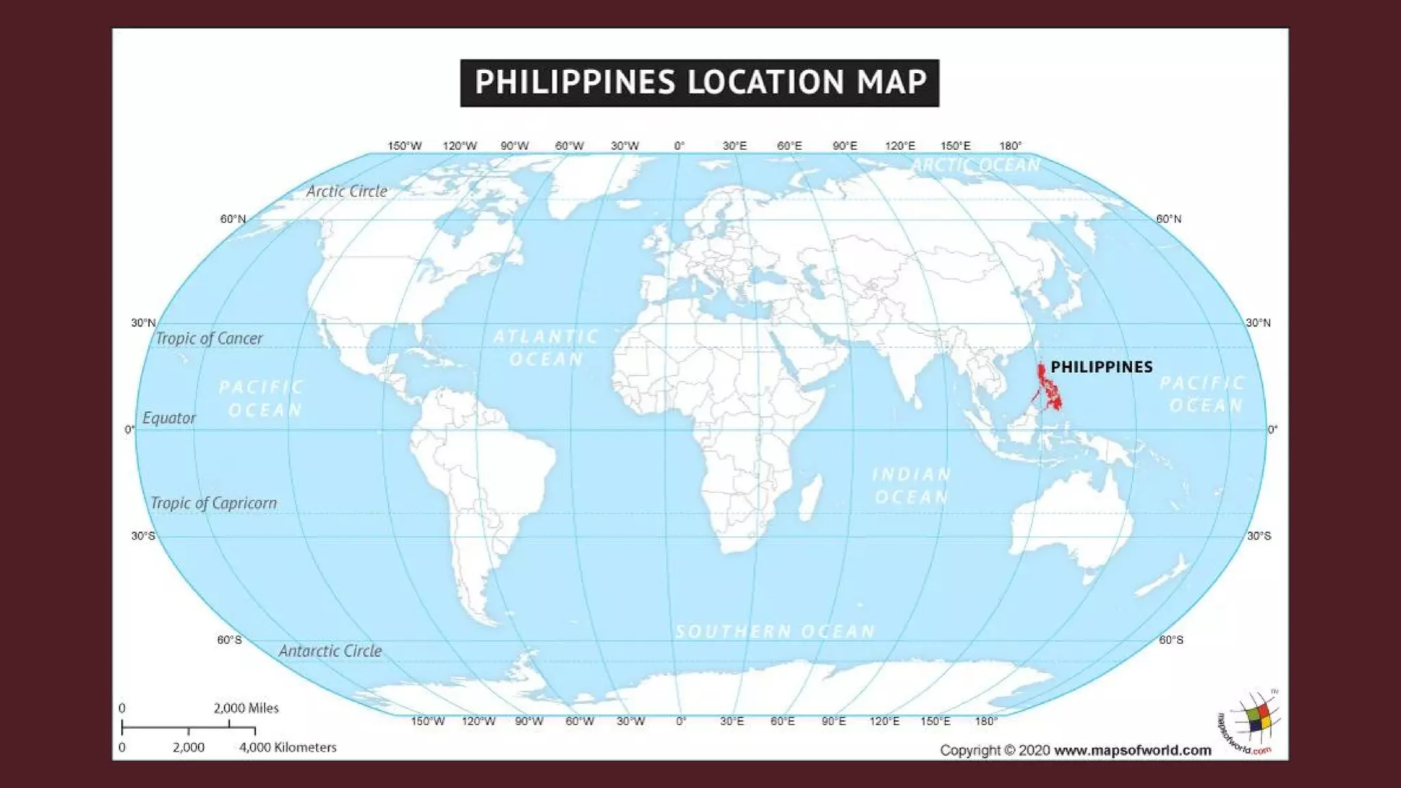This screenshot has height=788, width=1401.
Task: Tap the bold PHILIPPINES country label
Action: click(1101, 367)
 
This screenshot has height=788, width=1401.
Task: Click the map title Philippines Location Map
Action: click(699, 83)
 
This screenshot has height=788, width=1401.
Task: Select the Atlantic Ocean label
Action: click(546, 347)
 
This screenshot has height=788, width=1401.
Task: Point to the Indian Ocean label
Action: click(911, 486)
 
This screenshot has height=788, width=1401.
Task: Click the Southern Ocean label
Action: click(774, 631)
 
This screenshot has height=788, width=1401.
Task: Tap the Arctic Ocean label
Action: click(976, 165)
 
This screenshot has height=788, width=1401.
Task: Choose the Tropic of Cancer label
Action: click(209, 339)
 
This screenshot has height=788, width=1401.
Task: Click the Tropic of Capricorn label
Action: click(213, 503)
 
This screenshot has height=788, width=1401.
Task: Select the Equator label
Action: click(169, 418)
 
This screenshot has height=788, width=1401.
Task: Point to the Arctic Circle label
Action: click(346, 192)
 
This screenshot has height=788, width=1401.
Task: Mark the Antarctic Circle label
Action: click(330, 651)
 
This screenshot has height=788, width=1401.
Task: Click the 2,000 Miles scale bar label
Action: click(246, 709)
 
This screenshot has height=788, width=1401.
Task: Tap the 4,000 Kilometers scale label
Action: click(287, 748)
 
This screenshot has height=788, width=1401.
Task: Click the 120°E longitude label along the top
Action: click(900, 146)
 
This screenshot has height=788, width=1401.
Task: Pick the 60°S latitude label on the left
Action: click(229, 640)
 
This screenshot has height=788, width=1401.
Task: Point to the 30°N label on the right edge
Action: click(1257, 323)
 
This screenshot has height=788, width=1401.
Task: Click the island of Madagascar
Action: click(810, 497)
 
